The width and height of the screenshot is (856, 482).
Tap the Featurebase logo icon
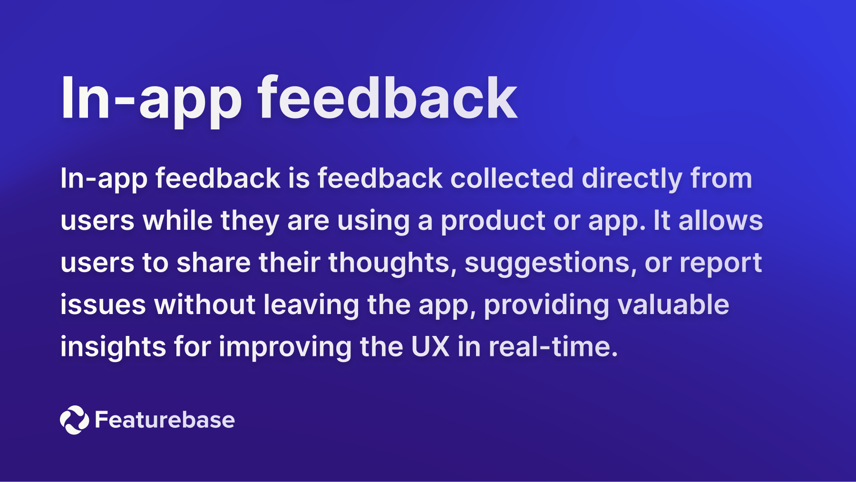74,420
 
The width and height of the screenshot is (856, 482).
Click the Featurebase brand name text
165,420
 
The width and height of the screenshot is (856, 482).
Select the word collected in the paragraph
512,178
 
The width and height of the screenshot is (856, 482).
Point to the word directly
632,179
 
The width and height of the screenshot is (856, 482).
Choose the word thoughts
389,263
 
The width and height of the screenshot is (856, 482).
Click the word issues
103,305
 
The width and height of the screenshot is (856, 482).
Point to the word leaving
311,305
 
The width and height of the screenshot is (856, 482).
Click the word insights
113,347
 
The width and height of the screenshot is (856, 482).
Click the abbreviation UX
430,346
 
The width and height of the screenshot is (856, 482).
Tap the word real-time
553,346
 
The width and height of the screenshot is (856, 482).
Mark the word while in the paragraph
177,220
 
